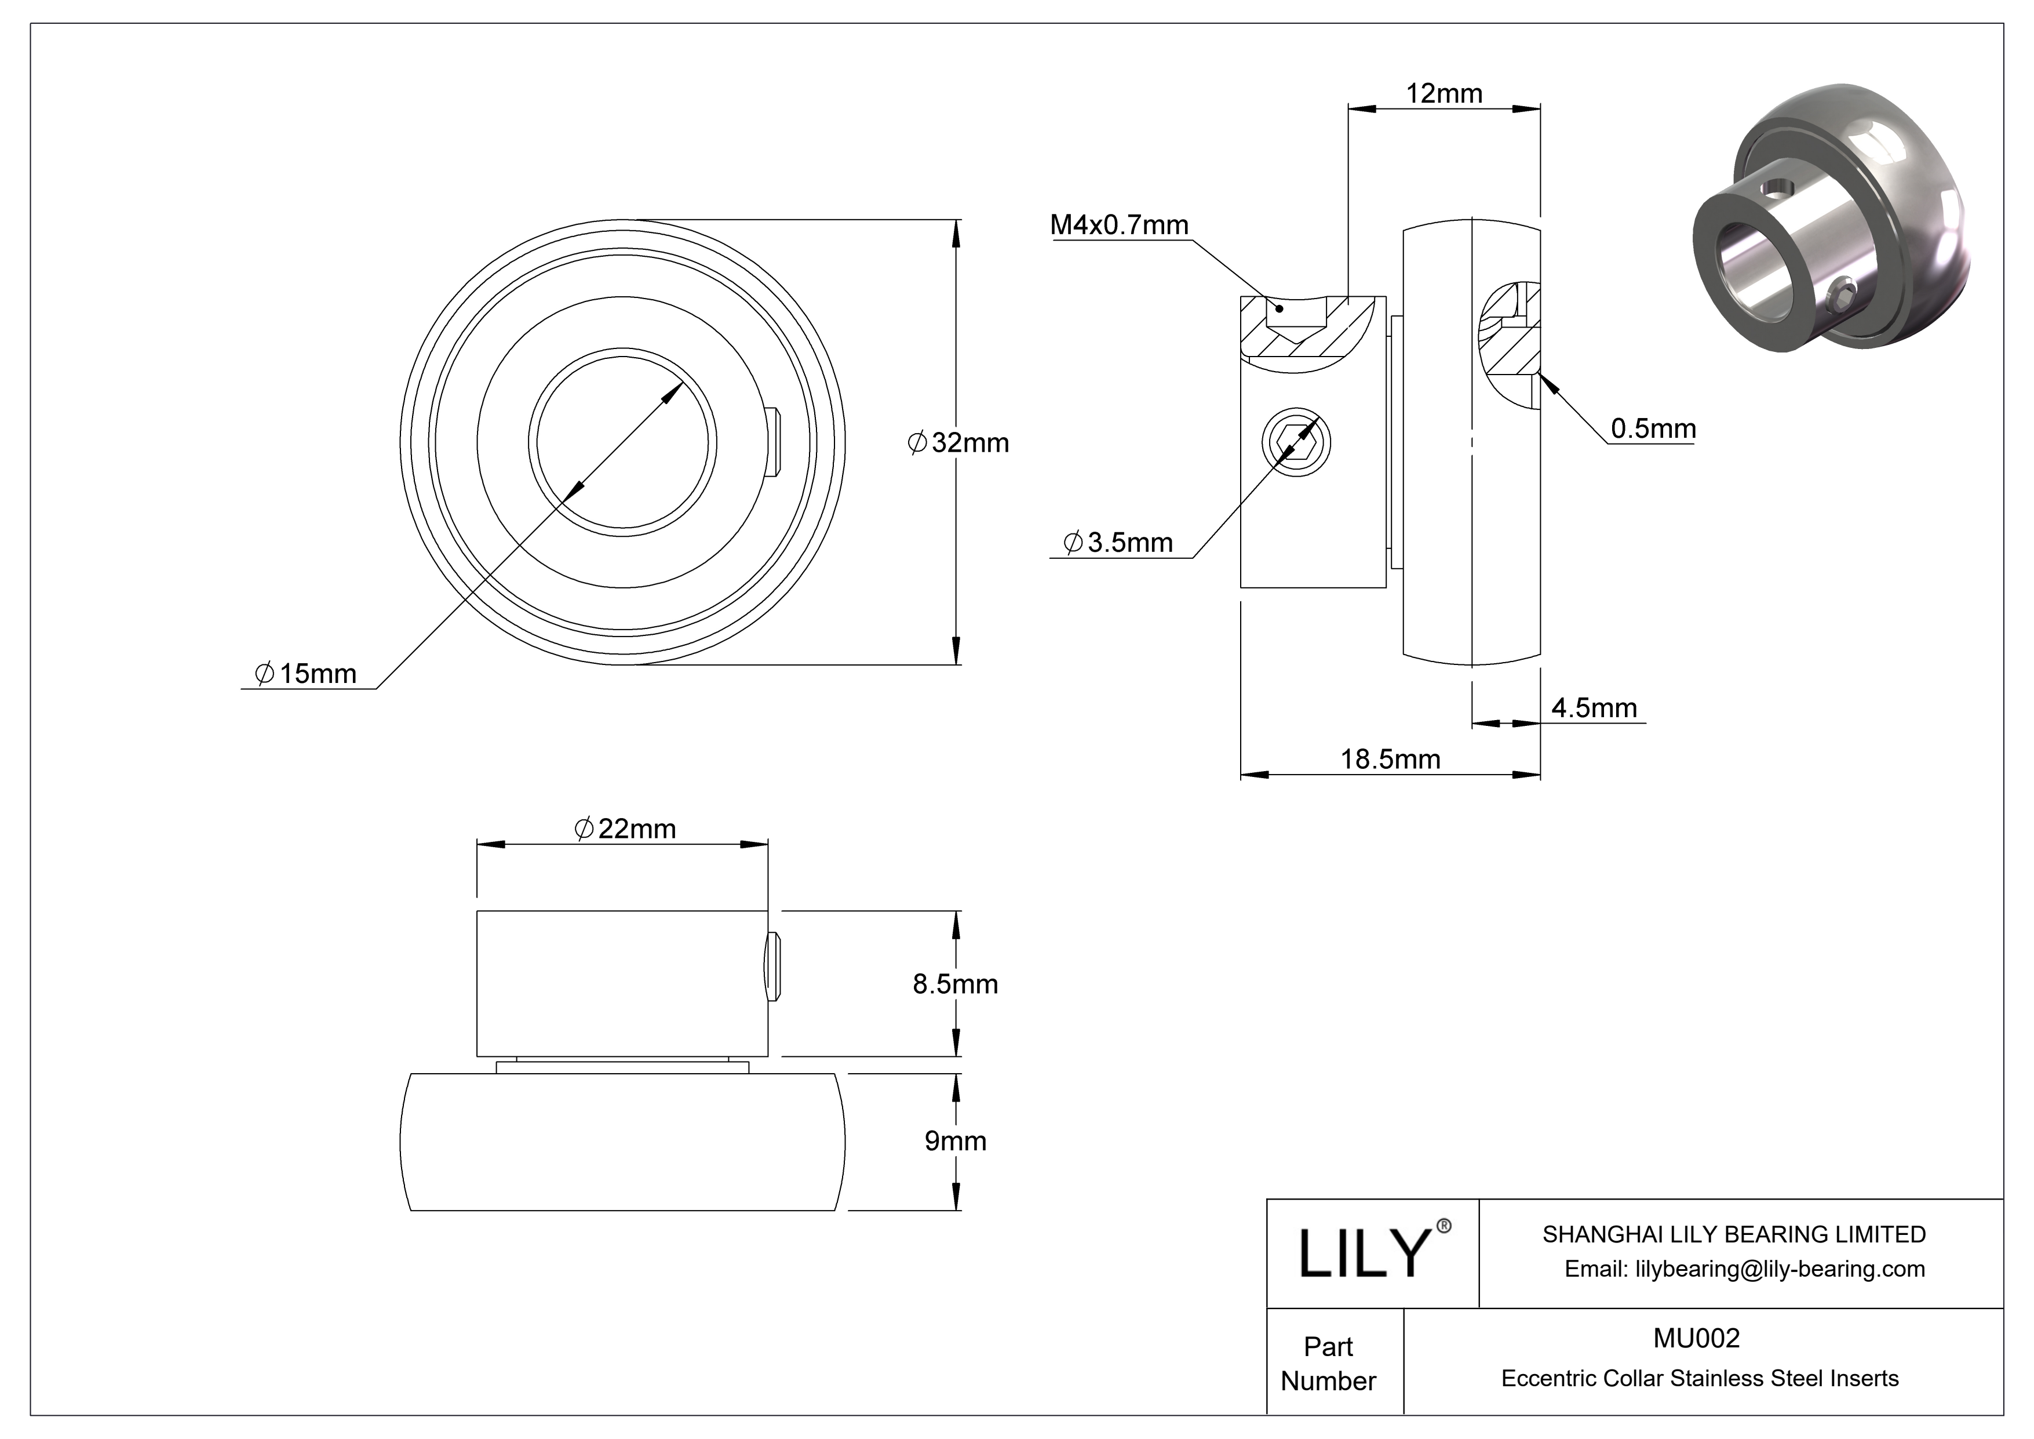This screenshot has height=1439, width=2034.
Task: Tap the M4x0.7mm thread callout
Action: (x=1119, y=225)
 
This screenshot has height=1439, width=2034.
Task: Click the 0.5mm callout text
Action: (x=1652, y=429)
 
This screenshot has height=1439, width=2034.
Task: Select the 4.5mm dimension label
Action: (x=1594, y=707)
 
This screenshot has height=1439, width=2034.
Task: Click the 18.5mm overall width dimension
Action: (x=1390, y=760)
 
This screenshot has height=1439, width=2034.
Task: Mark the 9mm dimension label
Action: (x=955, y=1140)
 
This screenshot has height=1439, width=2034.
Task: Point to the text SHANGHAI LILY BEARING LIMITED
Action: (x=1734, y=1234)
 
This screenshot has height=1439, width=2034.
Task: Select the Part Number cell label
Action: (x=1328, y=1364)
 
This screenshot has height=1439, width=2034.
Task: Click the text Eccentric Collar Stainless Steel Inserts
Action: (x=1699, y=1379)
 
